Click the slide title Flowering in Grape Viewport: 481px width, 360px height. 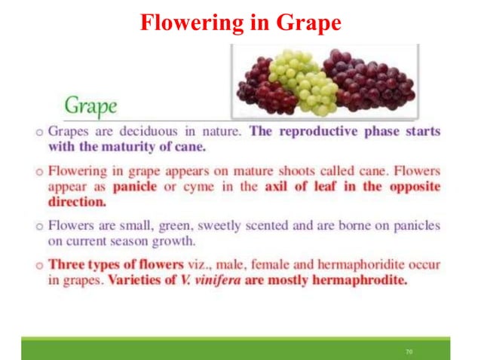click(x=240, y=23)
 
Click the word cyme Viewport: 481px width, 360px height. click(x=188, y=187)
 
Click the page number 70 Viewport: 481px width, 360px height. click(x=409, y=351)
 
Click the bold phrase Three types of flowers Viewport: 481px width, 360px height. click(x=115, y=265)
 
